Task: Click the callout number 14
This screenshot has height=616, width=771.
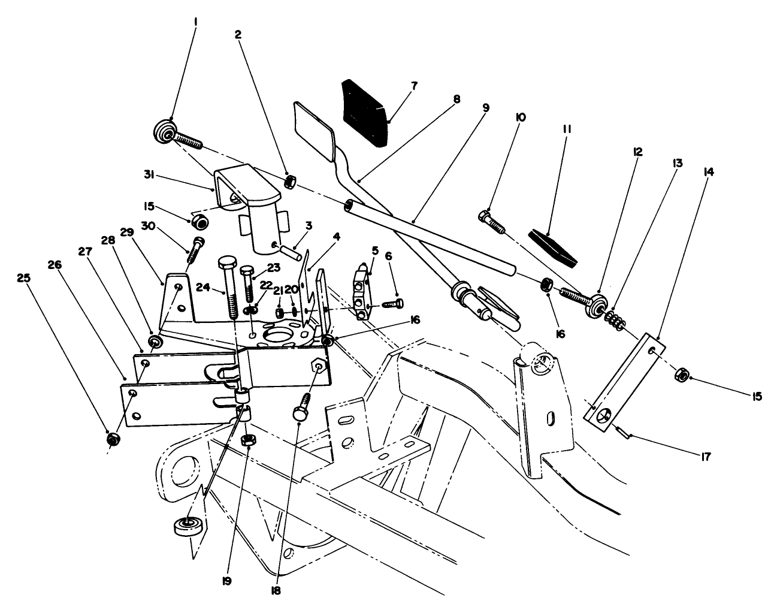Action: tap(709, 171)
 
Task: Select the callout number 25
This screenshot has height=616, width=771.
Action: tap(23, 279)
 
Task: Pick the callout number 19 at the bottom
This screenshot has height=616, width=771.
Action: tap(228, 581)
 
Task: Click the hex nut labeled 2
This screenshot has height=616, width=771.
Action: tap(289, 180)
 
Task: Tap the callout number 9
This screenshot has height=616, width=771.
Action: tap(485, 108)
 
